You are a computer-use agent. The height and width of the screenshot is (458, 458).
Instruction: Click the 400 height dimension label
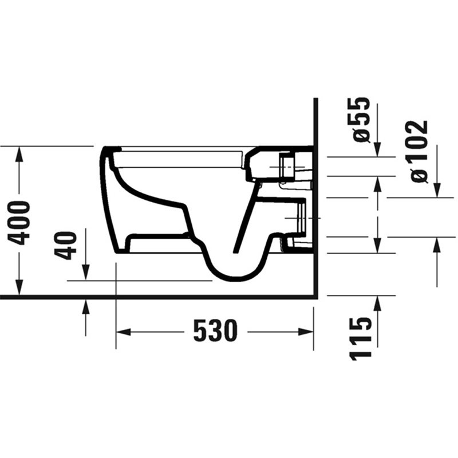[x=19, y=223]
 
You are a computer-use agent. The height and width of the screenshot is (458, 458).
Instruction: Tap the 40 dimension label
[x=65, y=246]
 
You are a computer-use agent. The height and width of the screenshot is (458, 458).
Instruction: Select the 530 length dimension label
[x=216, y=331]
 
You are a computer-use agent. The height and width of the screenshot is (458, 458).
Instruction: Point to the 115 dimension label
[x=361, y=339]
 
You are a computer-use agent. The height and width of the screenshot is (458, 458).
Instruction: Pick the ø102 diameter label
[x=419, y=151]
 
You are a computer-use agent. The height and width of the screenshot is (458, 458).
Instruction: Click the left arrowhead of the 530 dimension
[x=123, y=332]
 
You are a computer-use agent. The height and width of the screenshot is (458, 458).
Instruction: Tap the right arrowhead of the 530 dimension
[x=306, y=332]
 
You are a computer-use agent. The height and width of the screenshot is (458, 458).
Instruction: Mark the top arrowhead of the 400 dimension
[x=19, y=154]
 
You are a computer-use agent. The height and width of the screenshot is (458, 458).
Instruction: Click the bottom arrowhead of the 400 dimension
[x=19, y=287]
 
